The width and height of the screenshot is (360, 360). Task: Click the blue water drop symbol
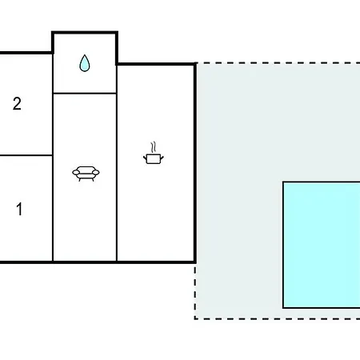coord(85,64)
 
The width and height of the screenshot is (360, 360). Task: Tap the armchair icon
coord(86,174)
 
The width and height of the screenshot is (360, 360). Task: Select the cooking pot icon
coord(154,158)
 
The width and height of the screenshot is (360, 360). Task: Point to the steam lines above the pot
coord(153,147)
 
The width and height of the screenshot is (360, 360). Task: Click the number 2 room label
coord(17,103)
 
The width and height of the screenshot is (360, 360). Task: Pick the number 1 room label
coord(19,209)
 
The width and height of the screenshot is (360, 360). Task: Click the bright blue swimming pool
coord(322,245)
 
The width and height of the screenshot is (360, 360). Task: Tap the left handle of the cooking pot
coord(145,158)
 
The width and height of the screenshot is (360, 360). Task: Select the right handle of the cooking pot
coord(162,158)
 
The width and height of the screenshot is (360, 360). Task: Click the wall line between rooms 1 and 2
coord(26,155)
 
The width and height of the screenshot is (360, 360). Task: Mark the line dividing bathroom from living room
coord(85,93)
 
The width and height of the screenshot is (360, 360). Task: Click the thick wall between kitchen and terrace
coord(195,162)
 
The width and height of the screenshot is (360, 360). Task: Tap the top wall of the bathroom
coord(85,33)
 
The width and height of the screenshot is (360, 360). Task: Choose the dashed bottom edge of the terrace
coord(278,318)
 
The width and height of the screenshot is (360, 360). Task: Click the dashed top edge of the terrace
coord(278,63)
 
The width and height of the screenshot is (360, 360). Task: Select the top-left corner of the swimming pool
coord(283,182)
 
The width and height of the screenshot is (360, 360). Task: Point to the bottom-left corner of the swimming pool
coord(283,308)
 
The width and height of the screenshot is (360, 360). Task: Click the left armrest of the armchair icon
coord(76,173)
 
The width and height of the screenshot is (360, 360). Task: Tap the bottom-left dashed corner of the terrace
coord(195,318)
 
